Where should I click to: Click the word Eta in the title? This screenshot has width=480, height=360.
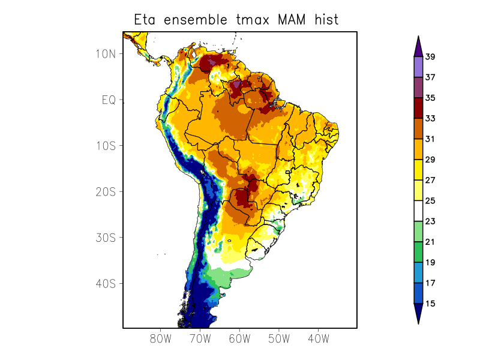pos(146,20)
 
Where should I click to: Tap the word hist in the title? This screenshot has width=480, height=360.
pos(325,20)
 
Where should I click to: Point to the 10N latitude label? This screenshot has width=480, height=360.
pos(105,53)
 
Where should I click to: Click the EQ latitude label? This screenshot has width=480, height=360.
pos(109,100)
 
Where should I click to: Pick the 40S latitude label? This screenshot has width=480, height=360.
pos(105,283)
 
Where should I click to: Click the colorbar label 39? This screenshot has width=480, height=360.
pos(430,57)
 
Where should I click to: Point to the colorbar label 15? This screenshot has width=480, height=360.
pos(430,304)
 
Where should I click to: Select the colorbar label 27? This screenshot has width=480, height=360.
pos(430,180)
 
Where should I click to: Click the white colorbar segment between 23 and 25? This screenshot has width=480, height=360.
pos(418,211)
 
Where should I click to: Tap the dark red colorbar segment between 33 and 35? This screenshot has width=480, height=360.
pos(418,108)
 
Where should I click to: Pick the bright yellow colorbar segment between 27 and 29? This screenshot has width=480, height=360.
pos(418,170)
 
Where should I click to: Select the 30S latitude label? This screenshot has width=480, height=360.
pos(105,238)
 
